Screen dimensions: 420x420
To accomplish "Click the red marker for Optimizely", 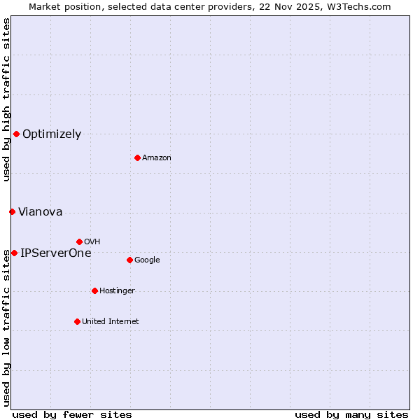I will (16, 134).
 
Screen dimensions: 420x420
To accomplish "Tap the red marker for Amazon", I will (137, 157).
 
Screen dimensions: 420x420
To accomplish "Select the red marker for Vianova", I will (12, 211).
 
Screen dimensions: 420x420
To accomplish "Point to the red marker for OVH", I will (79, 241).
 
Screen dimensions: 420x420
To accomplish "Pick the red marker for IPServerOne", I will (14, 253).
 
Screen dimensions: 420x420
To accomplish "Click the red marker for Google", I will (129, 260).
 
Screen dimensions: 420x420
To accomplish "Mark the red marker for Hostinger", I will (94, 290).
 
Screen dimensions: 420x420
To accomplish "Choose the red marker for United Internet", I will (77, 321).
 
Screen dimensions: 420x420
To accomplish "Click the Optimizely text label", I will (52, 134).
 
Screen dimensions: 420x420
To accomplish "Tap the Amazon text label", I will (157, 158).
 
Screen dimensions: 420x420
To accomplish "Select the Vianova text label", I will (40, 212).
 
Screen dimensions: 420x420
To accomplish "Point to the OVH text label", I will (92, 242).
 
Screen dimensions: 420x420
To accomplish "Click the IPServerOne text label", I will (56, 253).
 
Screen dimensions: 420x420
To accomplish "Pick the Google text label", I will (147, 260).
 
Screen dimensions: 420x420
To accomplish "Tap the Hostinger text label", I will (117, 291).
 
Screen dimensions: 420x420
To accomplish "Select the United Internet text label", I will (111, 322).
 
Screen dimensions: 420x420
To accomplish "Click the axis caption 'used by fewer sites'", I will (72, 415).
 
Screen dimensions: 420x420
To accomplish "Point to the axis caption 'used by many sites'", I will (351, 415).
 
